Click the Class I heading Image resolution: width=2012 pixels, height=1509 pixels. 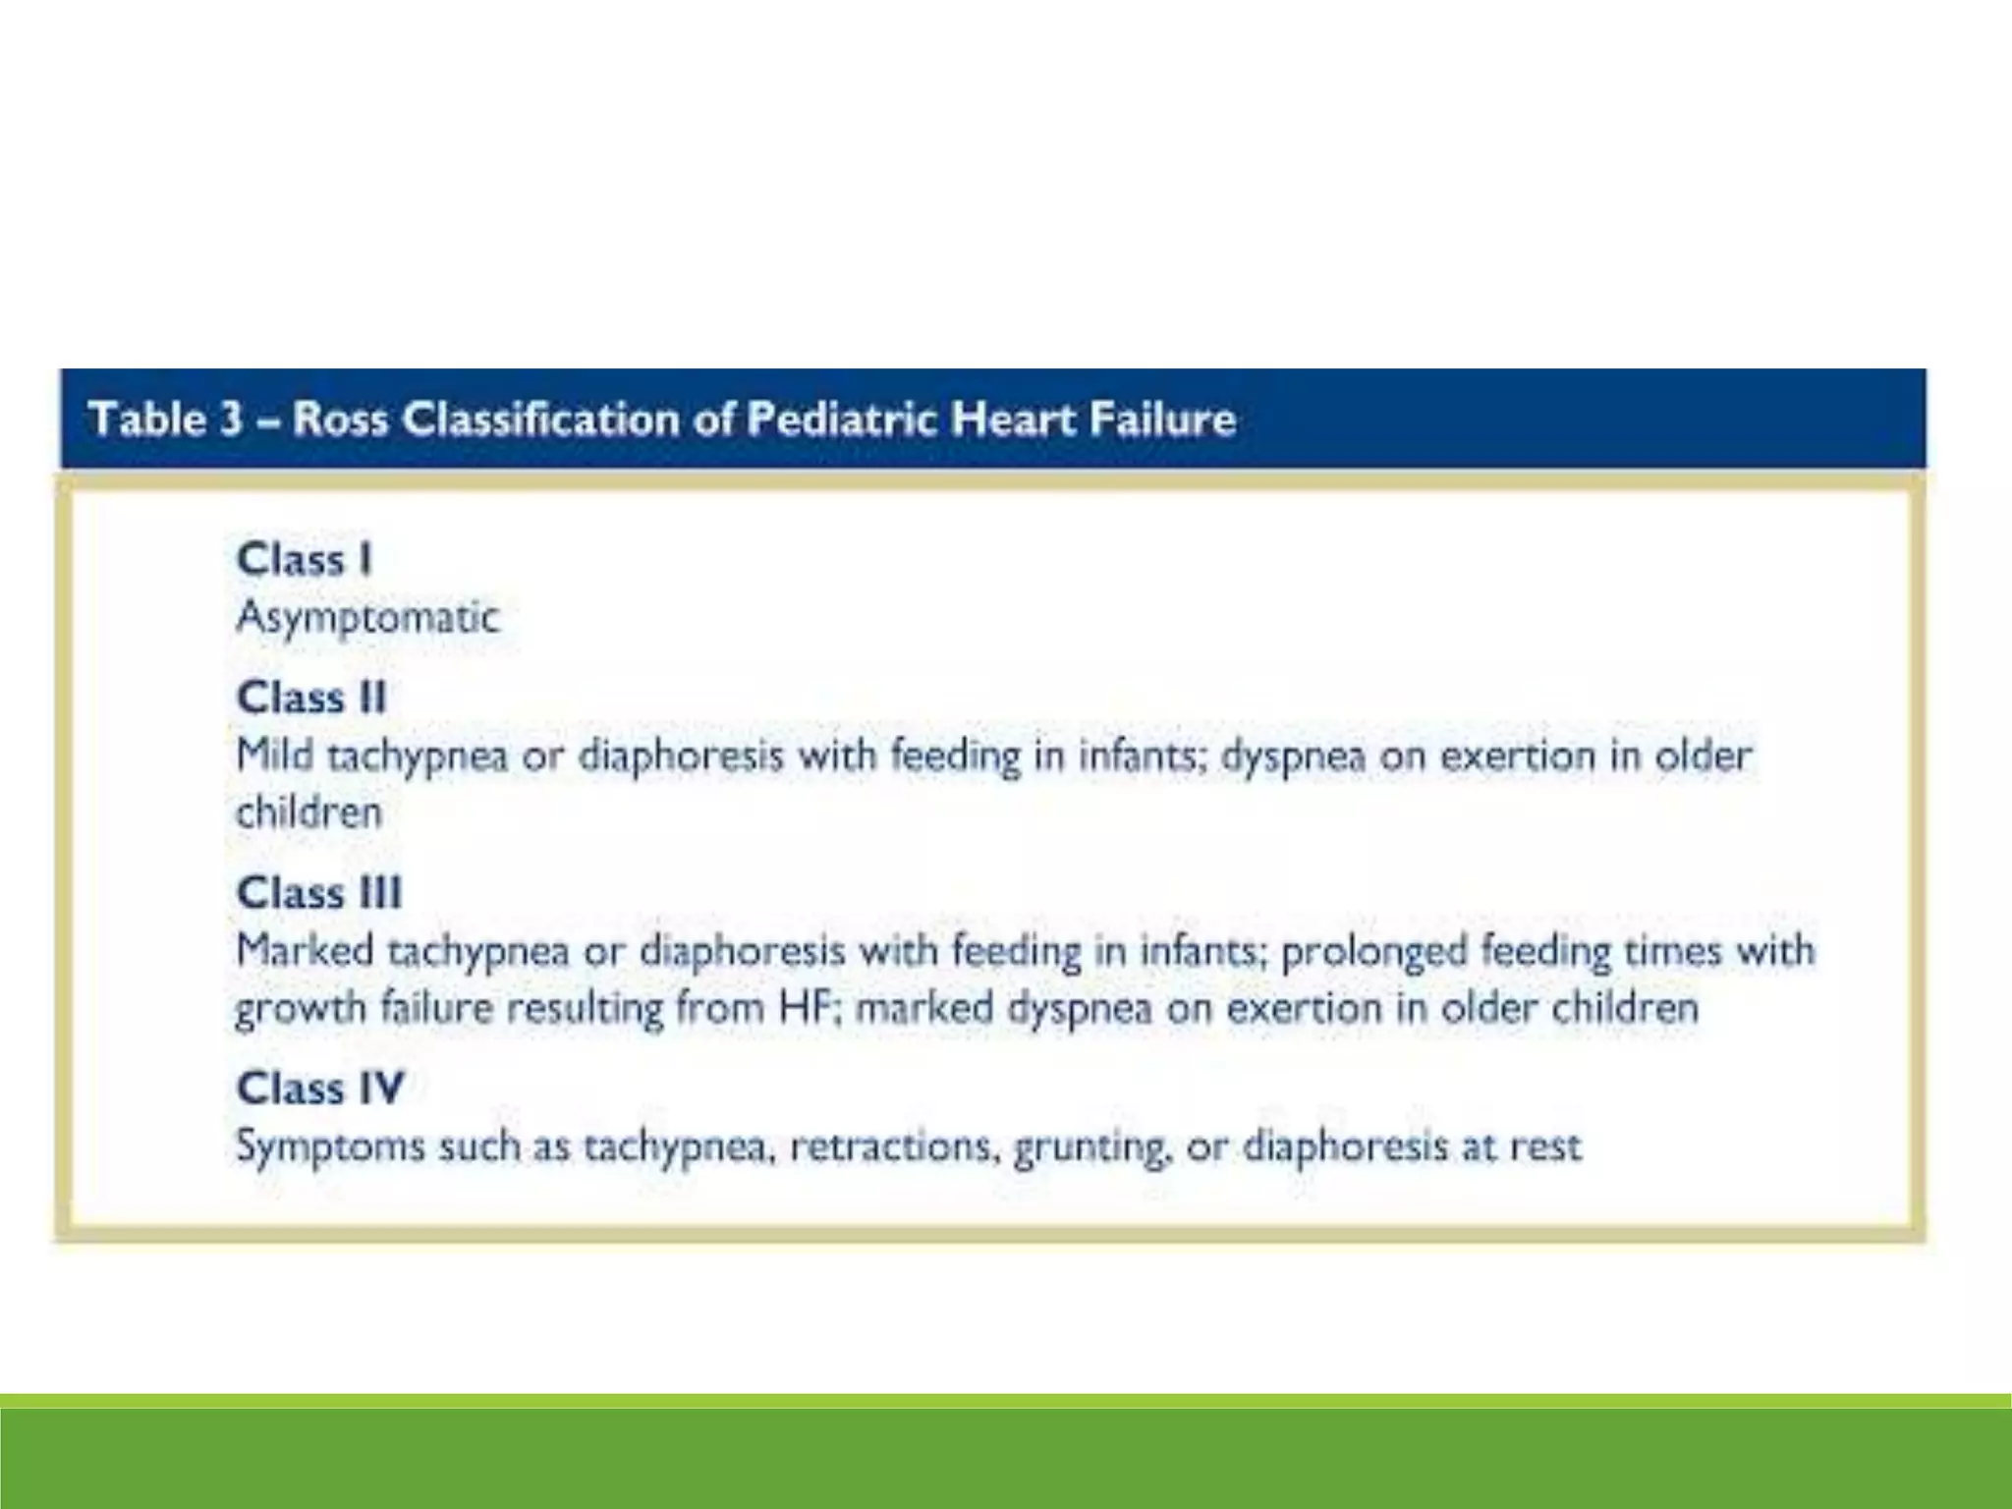304,560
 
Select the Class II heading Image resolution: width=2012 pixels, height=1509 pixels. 310,699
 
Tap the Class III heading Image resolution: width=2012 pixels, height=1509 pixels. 319,894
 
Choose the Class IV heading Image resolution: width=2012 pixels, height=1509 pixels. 320,1089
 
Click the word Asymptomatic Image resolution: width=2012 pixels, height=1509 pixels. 367,618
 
